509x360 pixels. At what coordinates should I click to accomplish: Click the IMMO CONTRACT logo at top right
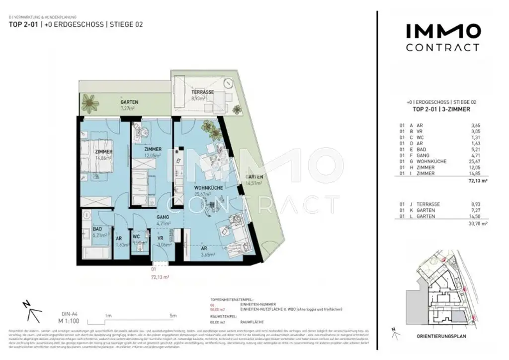443,38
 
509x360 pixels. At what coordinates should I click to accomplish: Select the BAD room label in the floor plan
97,229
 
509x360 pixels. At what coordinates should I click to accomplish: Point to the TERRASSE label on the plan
202,92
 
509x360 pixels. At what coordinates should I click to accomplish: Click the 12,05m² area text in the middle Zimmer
152,156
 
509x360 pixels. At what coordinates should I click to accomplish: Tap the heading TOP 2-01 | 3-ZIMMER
442,108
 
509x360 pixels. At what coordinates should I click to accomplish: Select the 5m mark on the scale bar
172,315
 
